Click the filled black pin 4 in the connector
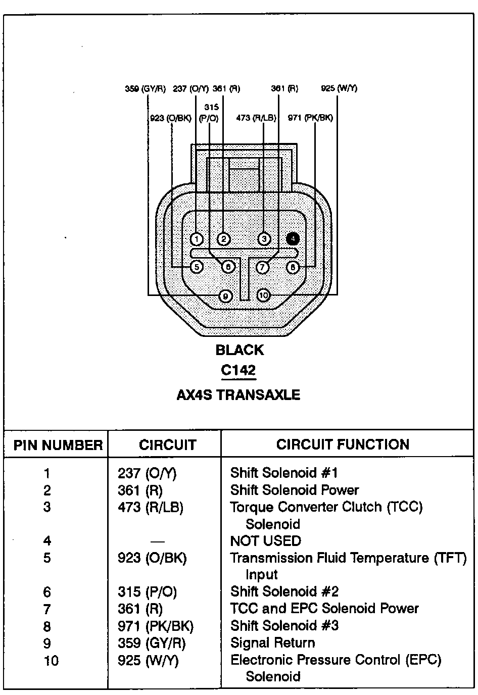[293, 238]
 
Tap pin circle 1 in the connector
[197, 239]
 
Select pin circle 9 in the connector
[225, 296]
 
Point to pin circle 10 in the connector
[263, 295]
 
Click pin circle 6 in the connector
[228, 266]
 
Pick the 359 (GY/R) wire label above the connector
[145, 89]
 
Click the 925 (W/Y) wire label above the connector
[339, 88]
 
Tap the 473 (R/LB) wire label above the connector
[256, 118]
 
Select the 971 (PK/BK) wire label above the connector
[310, 118]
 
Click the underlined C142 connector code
[238, 370]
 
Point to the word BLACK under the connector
[240, 350]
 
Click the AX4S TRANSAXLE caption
[238, 394]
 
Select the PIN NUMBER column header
[58, 445]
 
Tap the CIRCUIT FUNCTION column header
[343, 444]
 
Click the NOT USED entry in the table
[265, 541]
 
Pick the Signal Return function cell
[272, 643]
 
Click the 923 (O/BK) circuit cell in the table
[152, 558]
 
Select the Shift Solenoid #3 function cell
[284, 626]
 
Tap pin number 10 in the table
[51, 660]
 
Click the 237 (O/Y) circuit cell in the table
[147, 473]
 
